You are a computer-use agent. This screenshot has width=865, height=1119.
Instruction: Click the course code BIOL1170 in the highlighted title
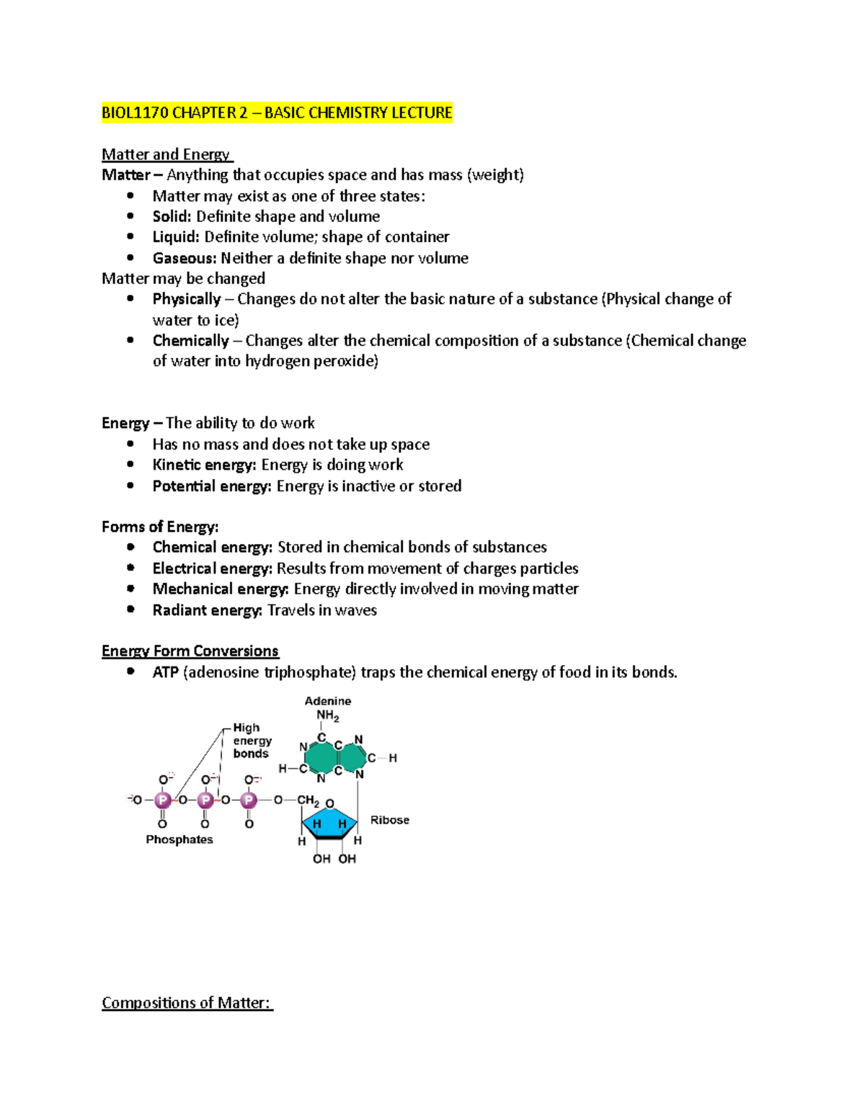[135, 113]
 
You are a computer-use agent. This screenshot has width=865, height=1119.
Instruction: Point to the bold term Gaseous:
[184, 258]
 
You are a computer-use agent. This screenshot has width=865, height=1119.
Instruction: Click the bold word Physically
[186, 299]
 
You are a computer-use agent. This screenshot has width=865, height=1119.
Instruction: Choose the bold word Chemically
[190, 341]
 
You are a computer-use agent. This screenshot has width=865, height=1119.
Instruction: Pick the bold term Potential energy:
[211, 486]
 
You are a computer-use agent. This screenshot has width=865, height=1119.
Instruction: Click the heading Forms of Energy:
[160, 527]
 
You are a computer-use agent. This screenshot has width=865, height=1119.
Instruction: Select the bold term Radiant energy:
[207, 610]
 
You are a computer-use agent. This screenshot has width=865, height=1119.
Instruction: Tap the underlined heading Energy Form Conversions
[190, 651]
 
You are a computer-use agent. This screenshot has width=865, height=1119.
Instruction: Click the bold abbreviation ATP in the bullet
[165, 672]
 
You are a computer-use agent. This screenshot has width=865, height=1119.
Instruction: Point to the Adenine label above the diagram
[328, 701]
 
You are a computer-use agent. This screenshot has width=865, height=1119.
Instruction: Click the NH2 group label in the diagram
[327, 716]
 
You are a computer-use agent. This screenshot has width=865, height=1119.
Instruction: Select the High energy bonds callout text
[252, 741]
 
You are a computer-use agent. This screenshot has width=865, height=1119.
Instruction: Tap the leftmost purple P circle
[163, 800]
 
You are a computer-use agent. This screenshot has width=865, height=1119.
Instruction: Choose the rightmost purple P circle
[249, 800]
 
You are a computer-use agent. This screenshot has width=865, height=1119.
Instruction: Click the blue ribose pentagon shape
[329, 824]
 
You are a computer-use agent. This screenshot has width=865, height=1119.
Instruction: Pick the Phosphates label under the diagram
[179, 839]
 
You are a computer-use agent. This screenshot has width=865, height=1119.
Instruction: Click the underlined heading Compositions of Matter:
[186, 1003]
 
